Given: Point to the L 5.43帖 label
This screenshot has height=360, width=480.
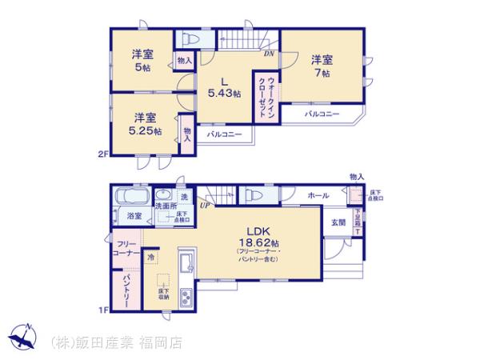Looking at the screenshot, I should tap(225, 87).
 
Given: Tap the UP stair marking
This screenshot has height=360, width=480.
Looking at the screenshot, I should tap(205, 206).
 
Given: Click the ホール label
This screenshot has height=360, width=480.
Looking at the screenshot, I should tap(316, 195).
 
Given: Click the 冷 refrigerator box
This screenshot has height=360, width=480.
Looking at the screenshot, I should tap(152, 258).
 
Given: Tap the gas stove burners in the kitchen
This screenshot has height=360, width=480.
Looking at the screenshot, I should tap(186, 298).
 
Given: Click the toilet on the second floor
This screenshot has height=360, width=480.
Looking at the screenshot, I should tap(190, 39).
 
